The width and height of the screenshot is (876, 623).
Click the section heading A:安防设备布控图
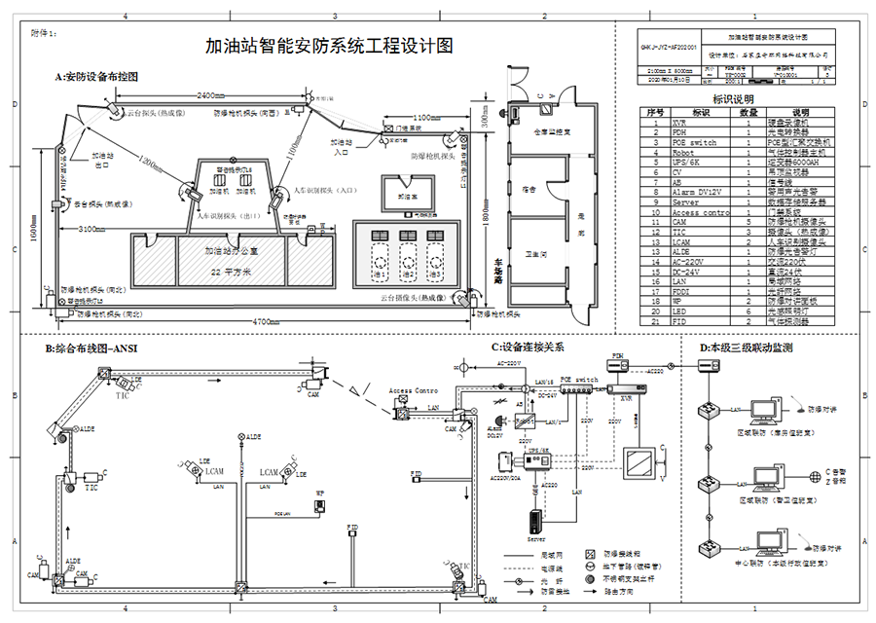[x=96, y=76]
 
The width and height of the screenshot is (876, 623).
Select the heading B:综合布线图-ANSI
[x=92, y=348]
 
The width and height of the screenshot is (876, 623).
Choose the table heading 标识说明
[x=733, y=100]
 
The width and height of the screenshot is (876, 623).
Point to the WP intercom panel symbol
[x=319, y=507]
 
